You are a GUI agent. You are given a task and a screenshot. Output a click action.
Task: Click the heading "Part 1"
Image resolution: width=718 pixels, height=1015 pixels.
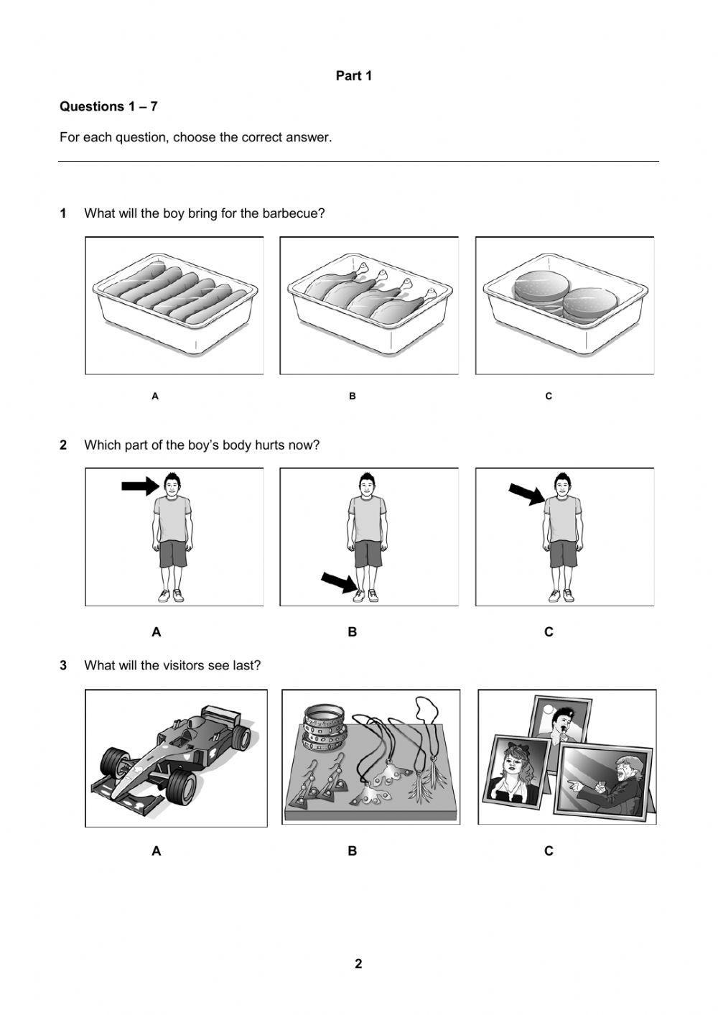click(353, 75)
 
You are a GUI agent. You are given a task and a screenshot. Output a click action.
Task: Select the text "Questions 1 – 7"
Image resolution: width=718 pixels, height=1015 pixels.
click(108, 106)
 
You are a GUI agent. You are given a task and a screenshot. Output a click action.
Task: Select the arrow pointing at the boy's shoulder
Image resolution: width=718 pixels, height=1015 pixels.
click(526, 494)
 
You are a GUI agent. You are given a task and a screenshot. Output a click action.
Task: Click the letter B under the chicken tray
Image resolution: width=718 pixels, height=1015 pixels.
click(352, 396)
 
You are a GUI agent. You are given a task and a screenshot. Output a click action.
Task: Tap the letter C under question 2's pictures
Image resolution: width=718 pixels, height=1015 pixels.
click(549, 632)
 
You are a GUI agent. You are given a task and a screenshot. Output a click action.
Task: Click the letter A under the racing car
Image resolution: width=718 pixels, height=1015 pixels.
click(157, 851)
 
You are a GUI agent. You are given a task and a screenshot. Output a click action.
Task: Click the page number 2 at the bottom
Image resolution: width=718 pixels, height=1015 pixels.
click(358, 964)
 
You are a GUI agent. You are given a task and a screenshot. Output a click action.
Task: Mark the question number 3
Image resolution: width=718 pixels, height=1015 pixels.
click(63, 666)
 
